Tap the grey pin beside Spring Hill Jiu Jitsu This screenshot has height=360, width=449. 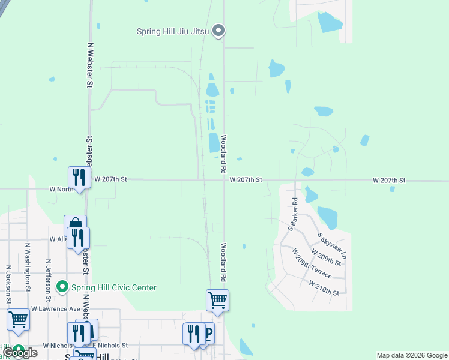coord(219,29)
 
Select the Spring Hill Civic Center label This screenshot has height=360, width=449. coord(112,287)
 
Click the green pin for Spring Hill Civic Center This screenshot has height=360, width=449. coord(61,287)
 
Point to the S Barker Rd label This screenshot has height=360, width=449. coord(292,215)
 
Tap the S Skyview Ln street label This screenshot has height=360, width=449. coord(333,245)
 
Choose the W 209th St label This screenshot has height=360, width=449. coord(326,258)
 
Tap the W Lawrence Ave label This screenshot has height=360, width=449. coord(56,308)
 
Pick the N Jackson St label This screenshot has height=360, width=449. coord(8,284)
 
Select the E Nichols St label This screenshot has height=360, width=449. coord(110,346)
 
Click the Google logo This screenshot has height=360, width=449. coord(20,353)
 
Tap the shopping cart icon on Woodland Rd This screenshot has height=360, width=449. coord(217,300)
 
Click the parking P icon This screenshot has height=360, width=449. coord(207,333)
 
